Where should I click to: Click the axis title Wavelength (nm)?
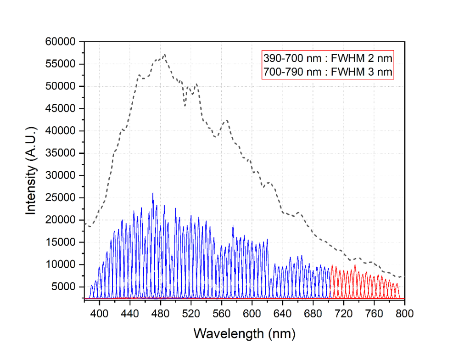click(244, 333)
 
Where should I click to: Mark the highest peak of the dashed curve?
click(164, 54)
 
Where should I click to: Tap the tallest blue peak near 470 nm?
click(153, 193)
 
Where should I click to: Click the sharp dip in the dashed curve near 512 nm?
click(185, 106)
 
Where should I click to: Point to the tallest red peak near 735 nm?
click(355, 265)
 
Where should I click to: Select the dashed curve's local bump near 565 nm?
click(225, 120)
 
